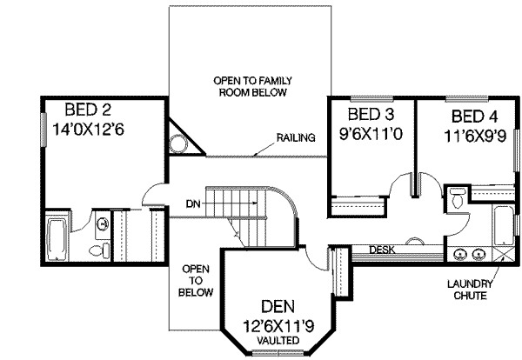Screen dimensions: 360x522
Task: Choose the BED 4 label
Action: coord(475,117)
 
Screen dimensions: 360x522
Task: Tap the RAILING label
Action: coord(295,138)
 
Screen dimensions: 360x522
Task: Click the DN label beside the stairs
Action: coord(193,205)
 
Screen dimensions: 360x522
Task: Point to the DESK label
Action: coord(382,250)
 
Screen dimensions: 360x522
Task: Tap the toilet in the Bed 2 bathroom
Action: coord(105,250)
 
